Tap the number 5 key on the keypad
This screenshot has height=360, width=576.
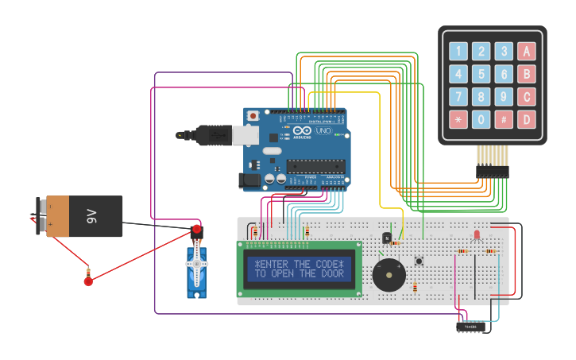pyautogui.click(x=481, y=75)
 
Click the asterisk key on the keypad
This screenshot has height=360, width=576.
pyautogui.click(x=458, y=120)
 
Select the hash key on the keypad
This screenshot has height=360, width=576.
pyautogui.click(x=504, y=120)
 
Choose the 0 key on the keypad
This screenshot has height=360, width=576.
pyautogui.click(x=481, y=120)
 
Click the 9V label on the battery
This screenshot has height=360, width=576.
pyautogui.click(x=91, y=216)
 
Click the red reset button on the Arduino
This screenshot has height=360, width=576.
pyautogui.click(x=253, y=116)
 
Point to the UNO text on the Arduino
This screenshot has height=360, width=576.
pyautogui.click(x=323, y=130)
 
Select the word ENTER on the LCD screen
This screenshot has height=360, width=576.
pyautogui.click(x=273, y=264)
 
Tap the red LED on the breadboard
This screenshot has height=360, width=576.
pyautogui.click(x=477, y=234)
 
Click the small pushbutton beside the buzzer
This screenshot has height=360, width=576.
pyautogui.click(x=419, y=261)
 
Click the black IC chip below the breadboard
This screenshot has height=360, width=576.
pyautogui.click(x=472, y=326)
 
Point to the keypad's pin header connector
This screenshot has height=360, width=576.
pyautogui.click(x=492, y=170)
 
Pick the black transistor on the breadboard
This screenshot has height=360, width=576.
pyautogui.click(x=386, y=237)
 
